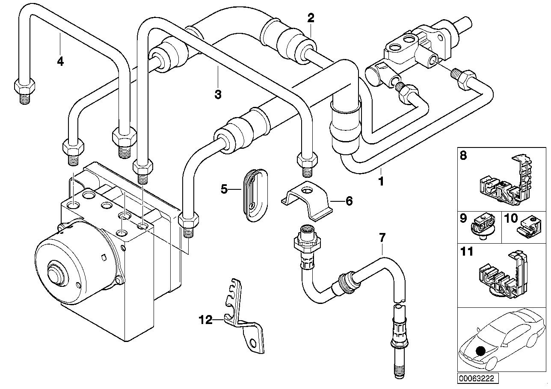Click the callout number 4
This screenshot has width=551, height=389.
point(60,62)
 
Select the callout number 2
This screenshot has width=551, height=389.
point(311,18)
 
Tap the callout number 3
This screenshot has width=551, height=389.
point(218,94)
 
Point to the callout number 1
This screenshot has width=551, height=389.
point(380,181)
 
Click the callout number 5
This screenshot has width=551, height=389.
point(224,189)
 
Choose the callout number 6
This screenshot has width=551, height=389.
point(349,200)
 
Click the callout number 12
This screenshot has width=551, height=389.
point(205,319)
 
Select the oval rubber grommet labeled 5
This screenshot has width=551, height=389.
point(252,194)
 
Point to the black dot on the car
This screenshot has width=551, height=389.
point(481,351)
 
